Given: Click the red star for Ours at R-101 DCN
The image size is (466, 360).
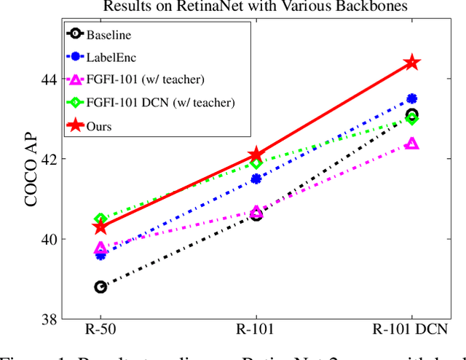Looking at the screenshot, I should pyautogui.click(x=412, y=63).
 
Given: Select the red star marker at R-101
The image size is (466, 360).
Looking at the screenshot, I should pyautogui.click(x=256, y=154).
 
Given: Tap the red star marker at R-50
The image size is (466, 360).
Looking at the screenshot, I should pyautogui.click(x=100, y=227).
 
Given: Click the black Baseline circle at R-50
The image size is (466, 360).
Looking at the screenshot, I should pyautogui.click(x=100, y=287).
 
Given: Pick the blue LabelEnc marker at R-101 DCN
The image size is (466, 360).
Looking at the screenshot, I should pyautogui.click(x=412, y=98).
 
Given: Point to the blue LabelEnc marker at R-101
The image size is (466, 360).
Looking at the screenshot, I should pyautogui.click(x=256, y=179).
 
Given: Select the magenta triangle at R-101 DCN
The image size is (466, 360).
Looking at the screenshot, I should pyautogui.click(x=412, y=144).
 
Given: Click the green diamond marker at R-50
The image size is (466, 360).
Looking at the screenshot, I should pyautogui.click(x=100, y=219).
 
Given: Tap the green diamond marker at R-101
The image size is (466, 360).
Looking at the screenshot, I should pyautogui.click(x=256, y=163).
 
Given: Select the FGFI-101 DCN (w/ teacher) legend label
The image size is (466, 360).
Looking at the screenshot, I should pyautogui.click(x=160, y=103).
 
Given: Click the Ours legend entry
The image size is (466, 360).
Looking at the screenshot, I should pyautogui.click(x=100, y=126).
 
